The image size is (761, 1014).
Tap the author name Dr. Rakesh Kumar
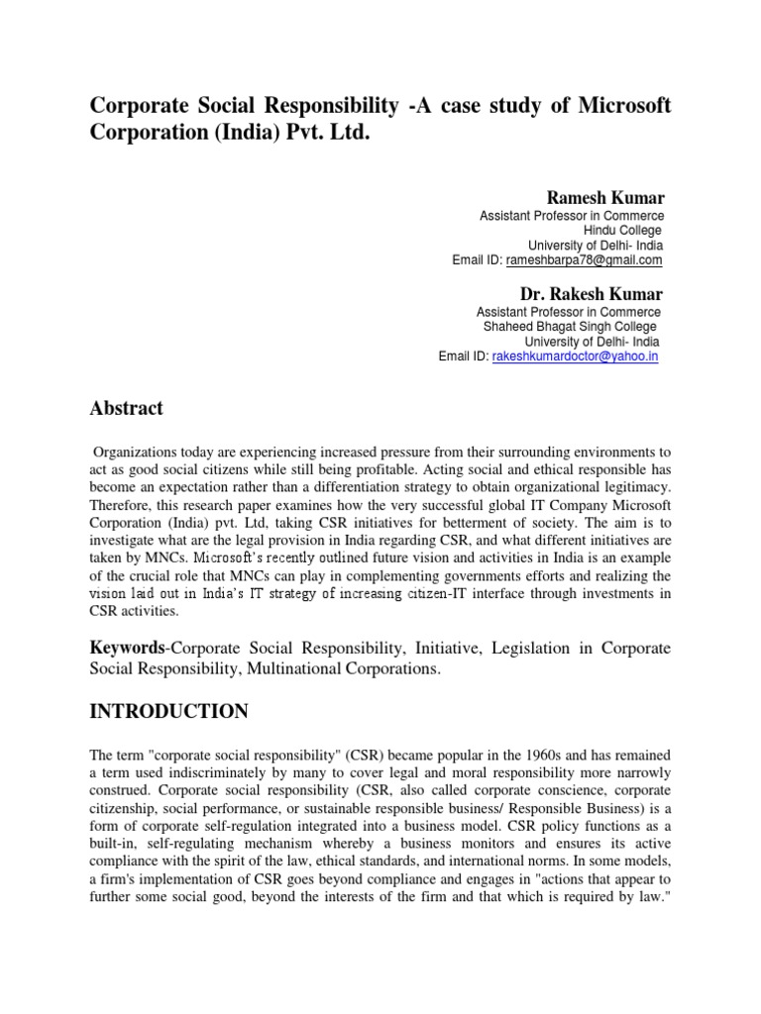click(x=592, y=294)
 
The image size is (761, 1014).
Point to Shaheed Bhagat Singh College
click(x=569, y=327)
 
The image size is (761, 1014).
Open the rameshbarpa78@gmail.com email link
click(x=584, y=260)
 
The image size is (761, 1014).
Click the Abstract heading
click(x=127, y=408)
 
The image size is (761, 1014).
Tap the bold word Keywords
click(x=126, y=648)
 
